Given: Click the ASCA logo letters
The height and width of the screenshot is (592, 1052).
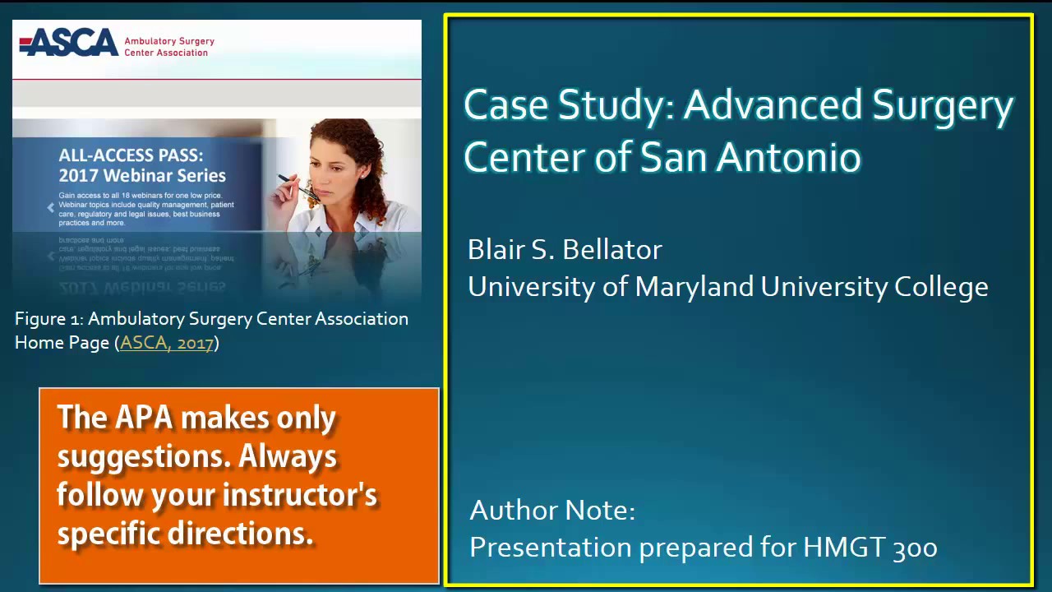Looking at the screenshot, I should coord(69,42).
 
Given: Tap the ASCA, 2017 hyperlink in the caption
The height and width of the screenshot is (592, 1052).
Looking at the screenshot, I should coord(166,343).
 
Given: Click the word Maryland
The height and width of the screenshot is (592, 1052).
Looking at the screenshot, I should coord(694,287).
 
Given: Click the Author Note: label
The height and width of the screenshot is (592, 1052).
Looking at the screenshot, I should coord(552,511).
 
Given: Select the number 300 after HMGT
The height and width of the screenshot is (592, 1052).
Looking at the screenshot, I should coord(914,548).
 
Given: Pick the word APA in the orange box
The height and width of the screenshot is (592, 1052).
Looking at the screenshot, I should coord(144,419).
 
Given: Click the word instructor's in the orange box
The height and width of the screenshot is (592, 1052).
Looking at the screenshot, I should coord(300,495).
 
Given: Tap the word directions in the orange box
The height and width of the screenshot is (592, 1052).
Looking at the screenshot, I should coord(241,534).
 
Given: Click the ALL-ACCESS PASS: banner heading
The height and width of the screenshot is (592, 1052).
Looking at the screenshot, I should coord(131,155).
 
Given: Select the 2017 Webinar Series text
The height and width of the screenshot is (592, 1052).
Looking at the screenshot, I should coord(141,175).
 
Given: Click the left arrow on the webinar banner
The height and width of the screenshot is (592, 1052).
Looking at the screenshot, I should coord(50,208).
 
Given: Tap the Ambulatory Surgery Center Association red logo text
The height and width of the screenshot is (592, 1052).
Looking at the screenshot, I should coord(168,47).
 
